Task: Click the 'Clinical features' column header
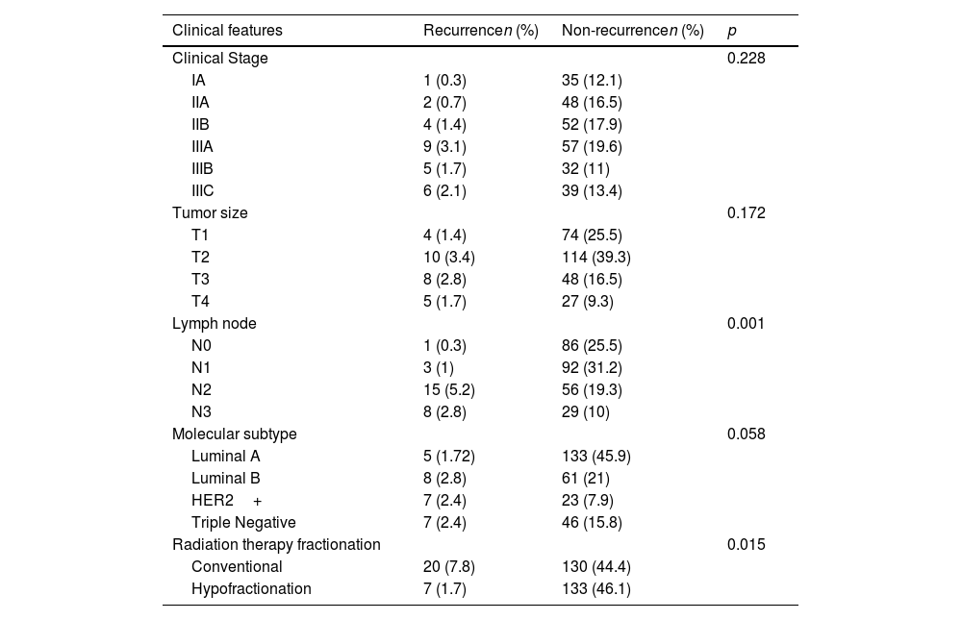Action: click(227, 31)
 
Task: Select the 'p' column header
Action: click(731, 32)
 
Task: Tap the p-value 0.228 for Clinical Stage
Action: click(747, 59)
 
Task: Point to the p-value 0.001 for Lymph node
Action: click(747, 324)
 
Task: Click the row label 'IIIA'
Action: click(202, 147)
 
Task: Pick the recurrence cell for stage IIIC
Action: click(444, 191)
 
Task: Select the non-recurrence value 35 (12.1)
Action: click(592, 81)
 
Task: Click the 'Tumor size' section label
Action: click(210, 213)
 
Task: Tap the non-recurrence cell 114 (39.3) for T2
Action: click(596, 258)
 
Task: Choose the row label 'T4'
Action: click(200, 302)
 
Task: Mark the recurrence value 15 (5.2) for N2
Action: click(449, 390)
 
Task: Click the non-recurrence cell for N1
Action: click(592, 368)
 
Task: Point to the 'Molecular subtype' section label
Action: click(235, 434)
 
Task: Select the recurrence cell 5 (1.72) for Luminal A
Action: click(449, 457)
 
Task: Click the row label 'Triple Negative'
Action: click(243, 523)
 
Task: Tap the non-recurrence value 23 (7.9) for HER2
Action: click(588, 501)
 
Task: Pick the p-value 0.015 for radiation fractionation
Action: click(747, 545)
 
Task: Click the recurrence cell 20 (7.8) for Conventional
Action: click(449, 566)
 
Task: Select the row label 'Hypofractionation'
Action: click(251, 588)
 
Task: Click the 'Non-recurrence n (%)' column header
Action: click(633, 31)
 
